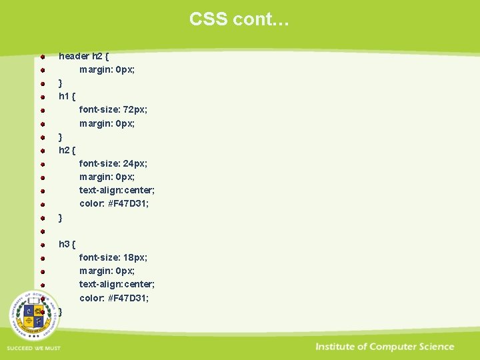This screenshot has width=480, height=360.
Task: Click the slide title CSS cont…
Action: click(239, 19)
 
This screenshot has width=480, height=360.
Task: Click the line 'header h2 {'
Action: click(84, 56)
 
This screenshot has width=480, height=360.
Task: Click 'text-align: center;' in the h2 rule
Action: click(117, 190)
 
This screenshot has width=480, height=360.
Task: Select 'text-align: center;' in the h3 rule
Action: click(117, 284)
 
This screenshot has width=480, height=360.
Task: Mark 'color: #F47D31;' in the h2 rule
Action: click(114, 203)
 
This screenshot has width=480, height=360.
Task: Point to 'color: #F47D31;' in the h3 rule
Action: click(114, 297)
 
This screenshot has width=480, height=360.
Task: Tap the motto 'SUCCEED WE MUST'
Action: click(33, 348)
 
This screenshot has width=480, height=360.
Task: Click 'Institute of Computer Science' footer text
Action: click(385, 347)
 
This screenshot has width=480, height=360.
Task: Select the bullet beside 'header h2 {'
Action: click(42, 57)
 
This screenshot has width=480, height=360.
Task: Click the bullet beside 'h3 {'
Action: click(42, 244)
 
